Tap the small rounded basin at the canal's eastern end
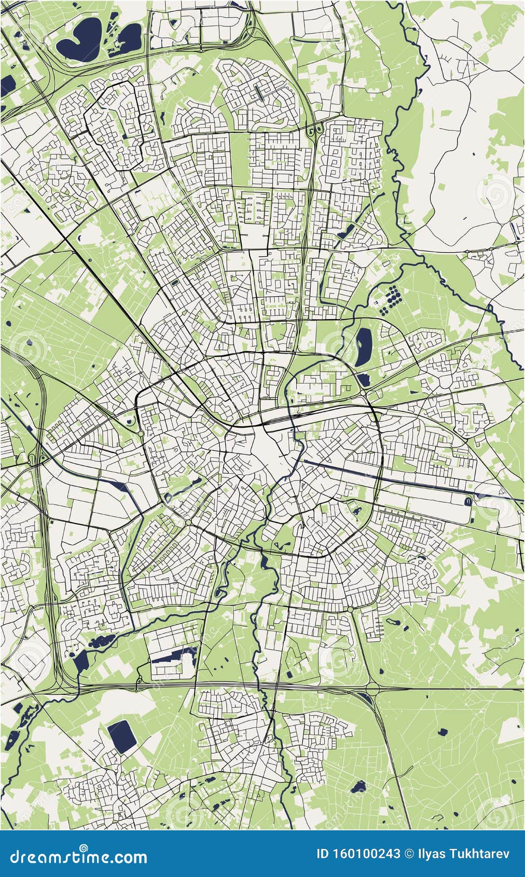click(468, 501)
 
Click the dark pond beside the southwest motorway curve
click(80, 662)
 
